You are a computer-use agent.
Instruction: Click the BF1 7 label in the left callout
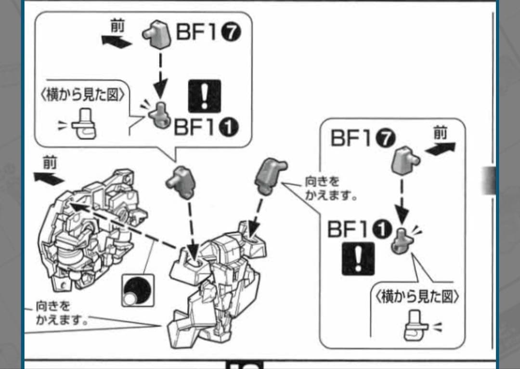pyautogui.click(x=207, y=34)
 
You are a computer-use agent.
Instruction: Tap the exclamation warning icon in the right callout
pyautogui.click(x=358, y=259)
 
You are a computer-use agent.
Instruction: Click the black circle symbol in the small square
pyautogui.click(x=137, y=290)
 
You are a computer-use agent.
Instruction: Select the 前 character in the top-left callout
pyautogui.click(x=117, y=26)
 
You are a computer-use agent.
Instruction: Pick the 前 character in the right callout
pyautogui.click(x=440, y=133)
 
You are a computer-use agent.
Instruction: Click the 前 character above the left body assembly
pyautogui.click(x=49, y=163)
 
